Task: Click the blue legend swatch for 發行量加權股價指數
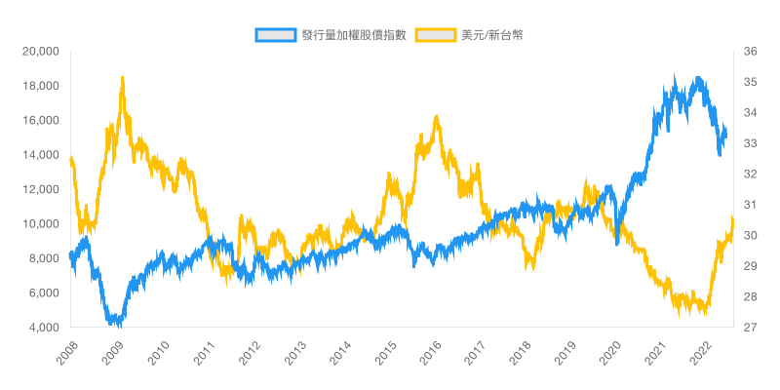[x=275, y=35]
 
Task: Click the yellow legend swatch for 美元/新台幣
[x=436, y=35]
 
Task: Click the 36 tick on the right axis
[x=751, y=52]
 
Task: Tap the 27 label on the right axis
[x=751, y=328]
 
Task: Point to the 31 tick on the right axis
[x=751, y=205]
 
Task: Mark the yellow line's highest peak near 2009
[x=122, y=78]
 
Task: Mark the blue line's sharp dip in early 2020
[x=617, y=242]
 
